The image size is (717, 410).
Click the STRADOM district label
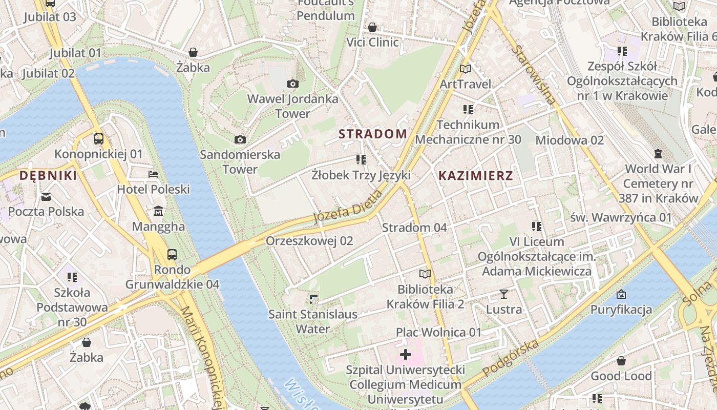[x=373, y=134]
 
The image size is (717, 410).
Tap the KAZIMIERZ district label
[x=475, y=176]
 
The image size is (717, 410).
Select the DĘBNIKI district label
[x=48, y=176]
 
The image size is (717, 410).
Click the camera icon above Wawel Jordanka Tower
[x=293, y=84]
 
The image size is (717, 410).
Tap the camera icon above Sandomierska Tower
[x=240, y=139]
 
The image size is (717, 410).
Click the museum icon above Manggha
[x=158, y=211]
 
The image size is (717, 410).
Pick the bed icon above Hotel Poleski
[x=153, y=174]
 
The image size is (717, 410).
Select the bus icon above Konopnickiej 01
[x=98, y=138]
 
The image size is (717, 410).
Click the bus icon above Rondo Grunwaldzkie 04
[x=172, y=254]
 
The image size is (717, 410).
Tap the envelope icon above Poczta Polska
[x=46, y=196]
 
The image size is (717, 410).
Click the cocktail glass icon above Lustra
[x=504, y=294]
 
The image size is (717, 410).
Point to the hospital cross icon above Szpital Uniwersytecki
[x=405, y=354]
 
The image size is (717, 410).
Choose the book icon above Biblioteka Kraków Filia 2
[x=425, y=274]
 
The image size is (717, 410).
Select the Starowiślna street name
[x=534, y=75]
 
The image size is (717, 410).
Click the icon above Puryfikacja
[x=621, y=294]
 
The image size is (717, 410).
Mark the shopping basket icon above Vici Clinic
[x=372, y=27]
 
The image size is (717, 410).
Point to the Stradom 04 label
[x=414, y=228]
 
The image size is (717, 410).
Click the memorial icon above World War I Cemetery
[x=658, y=153]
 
